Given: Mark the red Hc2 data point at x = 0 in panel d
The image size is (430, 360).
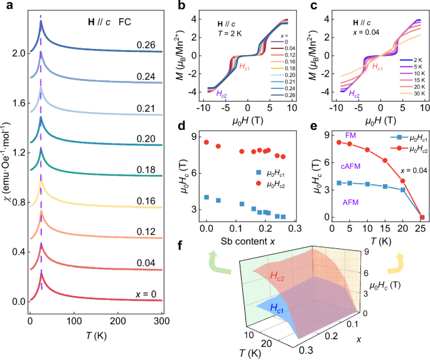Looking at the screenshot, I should [x=206, y=142].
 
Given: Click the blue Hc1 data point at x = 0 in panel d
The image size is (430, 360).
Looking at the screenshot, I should [x=206, y=197].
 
